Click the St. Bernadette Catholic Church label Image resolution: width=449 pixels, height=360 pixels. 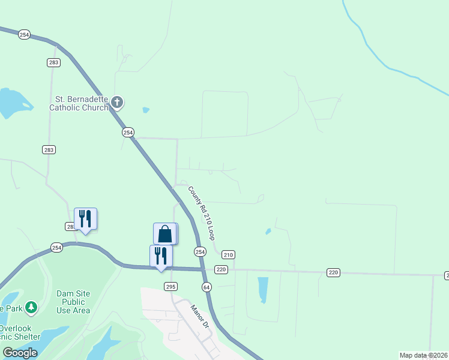pos(78,103)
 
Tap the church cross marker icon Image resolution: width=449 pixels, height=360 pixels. pos(117,103)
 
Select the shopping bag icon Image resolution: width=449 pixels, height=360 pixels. pos(165,233)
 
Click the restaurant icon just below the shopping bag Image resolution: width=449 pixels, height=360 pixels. pos(161,255)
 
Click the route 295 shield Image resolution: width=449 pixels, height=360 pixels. pos(170,286)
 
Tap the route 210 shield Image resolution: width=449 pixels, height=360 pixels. pos(228,254)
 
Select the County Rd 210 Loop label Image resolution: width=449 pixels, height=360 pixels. pos(202,213)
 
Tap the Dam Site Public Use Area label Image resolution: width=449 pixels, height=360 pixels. pos(73,302)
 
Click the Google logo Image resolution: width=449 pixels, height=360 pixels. pos(20,353)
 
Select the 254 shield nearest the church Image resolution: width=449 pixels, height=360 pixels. pos(128,132)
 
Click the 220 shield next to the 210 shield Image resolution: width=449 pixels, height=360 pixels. pos(221,269)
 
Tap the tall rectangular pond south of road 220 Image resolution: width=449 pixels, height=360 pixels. pos(262,290)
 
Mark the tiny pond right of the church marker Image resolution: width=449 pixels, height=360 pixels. pos(146,110)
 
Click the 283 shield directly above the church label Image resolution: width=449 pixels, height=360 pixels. pos(53,62)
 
